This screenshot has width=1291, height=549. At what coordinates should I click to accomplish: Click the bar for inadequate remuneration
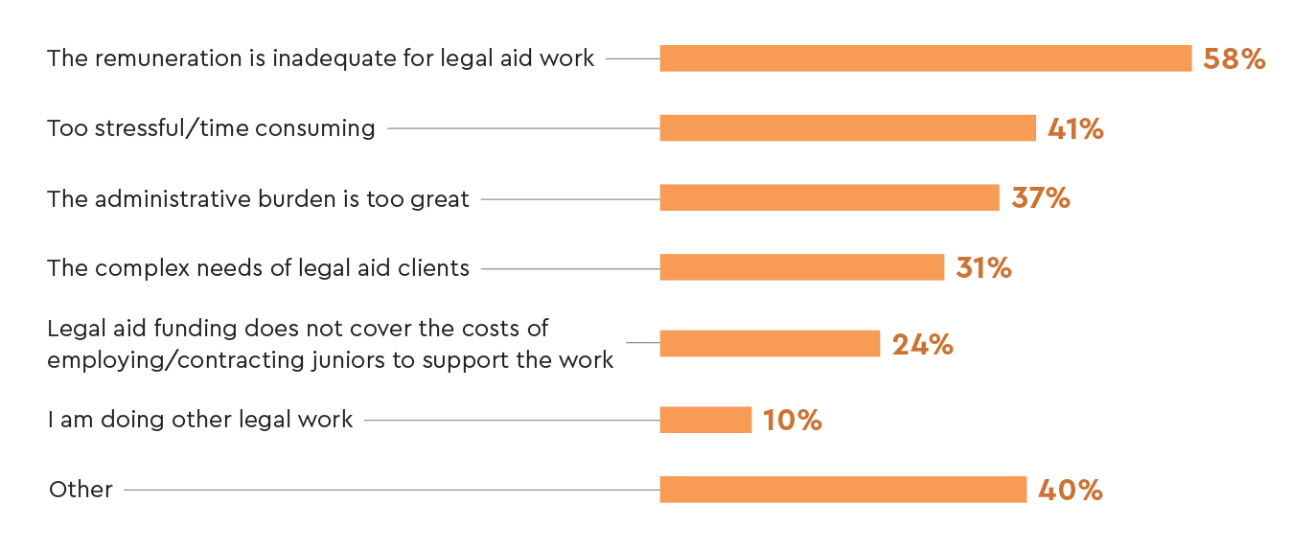coord(925,58)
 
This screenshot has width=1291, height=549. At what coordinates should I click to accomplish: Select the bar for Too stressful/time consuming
coord(847,128)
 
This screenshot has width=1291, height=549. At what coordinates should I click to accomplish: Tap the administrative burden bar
coord(829,197)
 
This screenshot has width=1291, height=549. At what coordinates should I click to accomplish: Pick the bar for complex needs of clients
coord(801,267)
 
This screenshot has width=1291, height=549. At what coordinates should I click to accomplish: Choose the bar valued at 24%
coord(770,343)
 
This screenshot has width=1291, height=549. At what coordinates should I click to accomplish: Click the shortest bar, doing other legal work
coord(705,420)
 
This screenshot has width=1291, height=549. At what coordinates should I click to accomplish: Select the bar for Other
coord(842,490)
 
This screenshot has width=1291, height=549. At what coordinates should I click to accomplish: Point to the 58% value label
coord(1234,58)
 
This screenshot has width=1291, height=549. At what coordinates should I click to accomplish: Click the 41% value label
coord(1075,128)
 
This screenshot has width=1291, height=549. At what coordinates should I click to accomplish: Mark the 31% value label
coord(983,267)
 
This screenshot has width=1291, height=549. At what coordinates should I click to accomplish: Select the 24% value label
coord(922,344)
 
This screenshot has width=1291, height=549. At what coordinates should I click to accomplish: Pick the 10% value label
coord(793,420)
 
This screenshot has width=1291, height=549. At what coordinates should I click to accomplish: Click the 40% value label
coord(1071,490)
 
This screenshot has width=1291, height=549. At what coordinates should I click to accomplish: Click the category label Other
coord(81,490)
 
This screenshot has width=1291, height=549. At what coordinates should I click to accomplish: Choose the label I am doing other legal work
coord(200,420)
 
